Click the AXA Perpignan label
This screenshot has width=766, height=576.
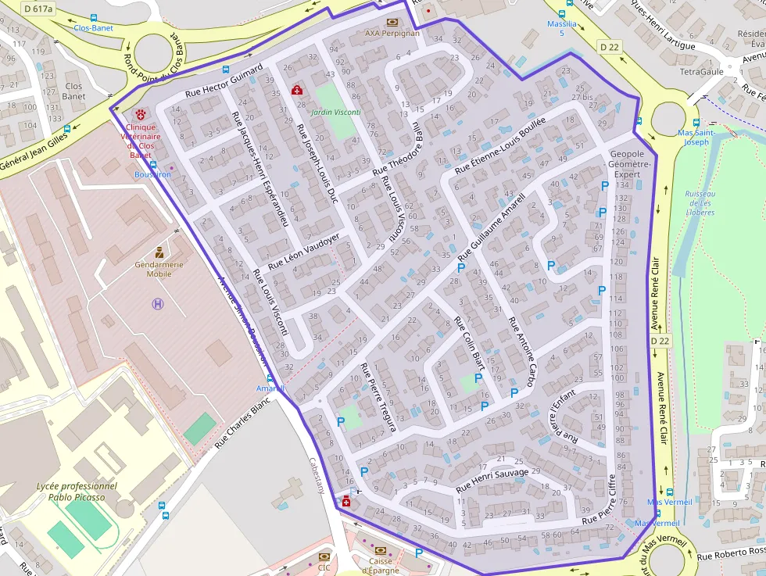[392, 34]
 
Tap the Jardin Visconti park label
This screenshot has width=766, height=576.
[335, 113]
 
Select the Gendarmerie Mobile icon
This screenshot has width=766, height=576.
[159, 252]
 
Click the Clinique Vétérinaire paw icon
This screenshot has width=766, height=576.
[140, 114]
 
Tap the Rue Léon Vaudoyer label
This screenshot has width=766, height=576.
[304, 252]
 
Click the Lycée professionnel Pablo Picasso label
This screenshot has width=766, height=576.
[77, 491]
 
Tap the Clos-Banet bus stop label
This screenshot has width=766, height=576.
[93, 28]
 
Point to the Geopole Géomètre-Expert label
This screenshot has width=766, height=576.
[628, 164]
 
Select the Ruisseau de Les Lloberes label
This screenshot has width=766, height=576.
[700, 202]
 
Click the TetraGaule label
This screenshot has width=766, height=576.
[702, 71]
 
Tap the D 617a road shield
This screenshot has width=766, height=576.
[38, 9]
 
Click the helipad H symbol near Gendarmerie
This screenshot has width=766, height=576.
[158, 304]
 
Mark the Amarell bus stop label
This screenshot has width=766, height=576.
[271, 388]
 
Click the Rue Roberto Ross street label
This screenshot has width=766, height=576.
[730, 553]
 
